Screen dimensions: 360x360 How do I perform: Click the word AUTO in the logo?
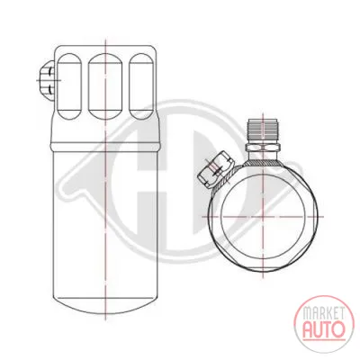(x=323, y=329)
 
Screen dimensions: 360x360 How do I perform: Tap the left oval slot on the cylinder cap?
(x=69, y=86)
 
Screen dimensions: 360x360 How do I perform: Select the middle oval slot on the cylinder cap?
(x=105, y=86)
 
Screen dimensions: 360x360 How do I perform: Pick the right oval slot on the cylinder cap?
(x=141, y=86)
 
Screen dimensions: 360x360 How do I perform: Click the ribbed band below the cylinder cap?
(x=105, y=146)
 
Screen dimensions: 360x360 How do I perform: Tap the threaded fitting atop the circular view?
(x=263, y=131)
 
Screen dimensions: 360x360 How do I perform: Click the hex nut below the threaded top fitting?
(x=263, y=147)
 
